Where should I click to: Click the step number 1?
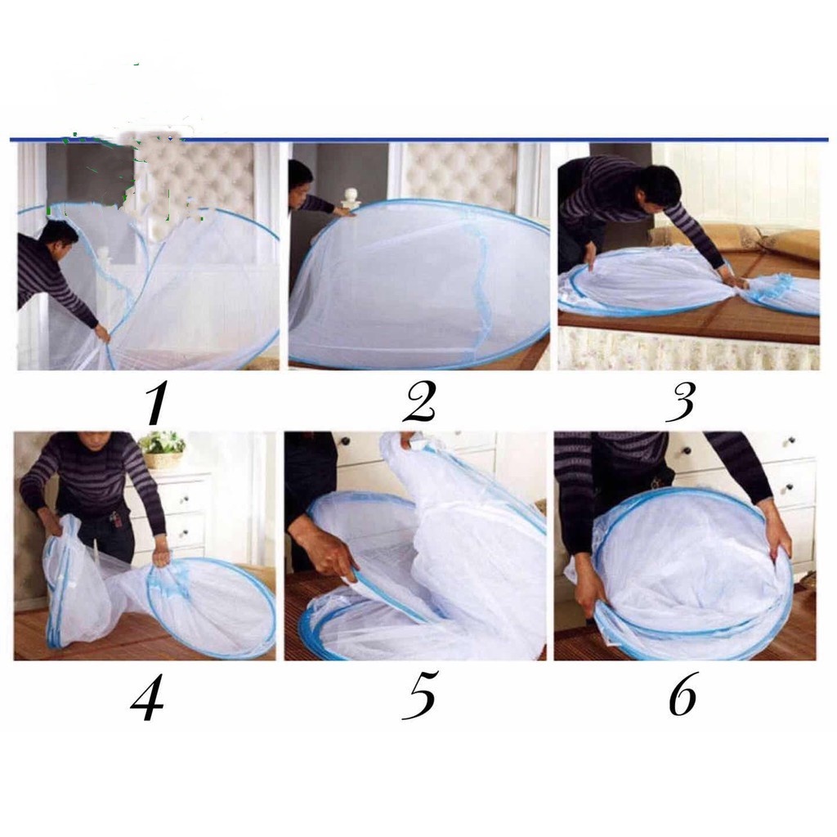156,403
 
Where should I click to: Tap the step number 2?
421,402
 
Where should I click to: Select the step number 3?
682,402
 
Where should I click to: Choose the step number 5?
420,694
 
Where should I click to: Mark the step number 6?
684,693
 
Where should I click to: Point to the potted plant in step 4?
161,449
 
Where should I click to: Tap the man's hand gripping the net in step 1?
101,333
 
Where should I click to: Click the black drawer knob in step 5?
345,441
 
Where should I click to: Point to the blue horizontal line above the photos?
419,140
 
